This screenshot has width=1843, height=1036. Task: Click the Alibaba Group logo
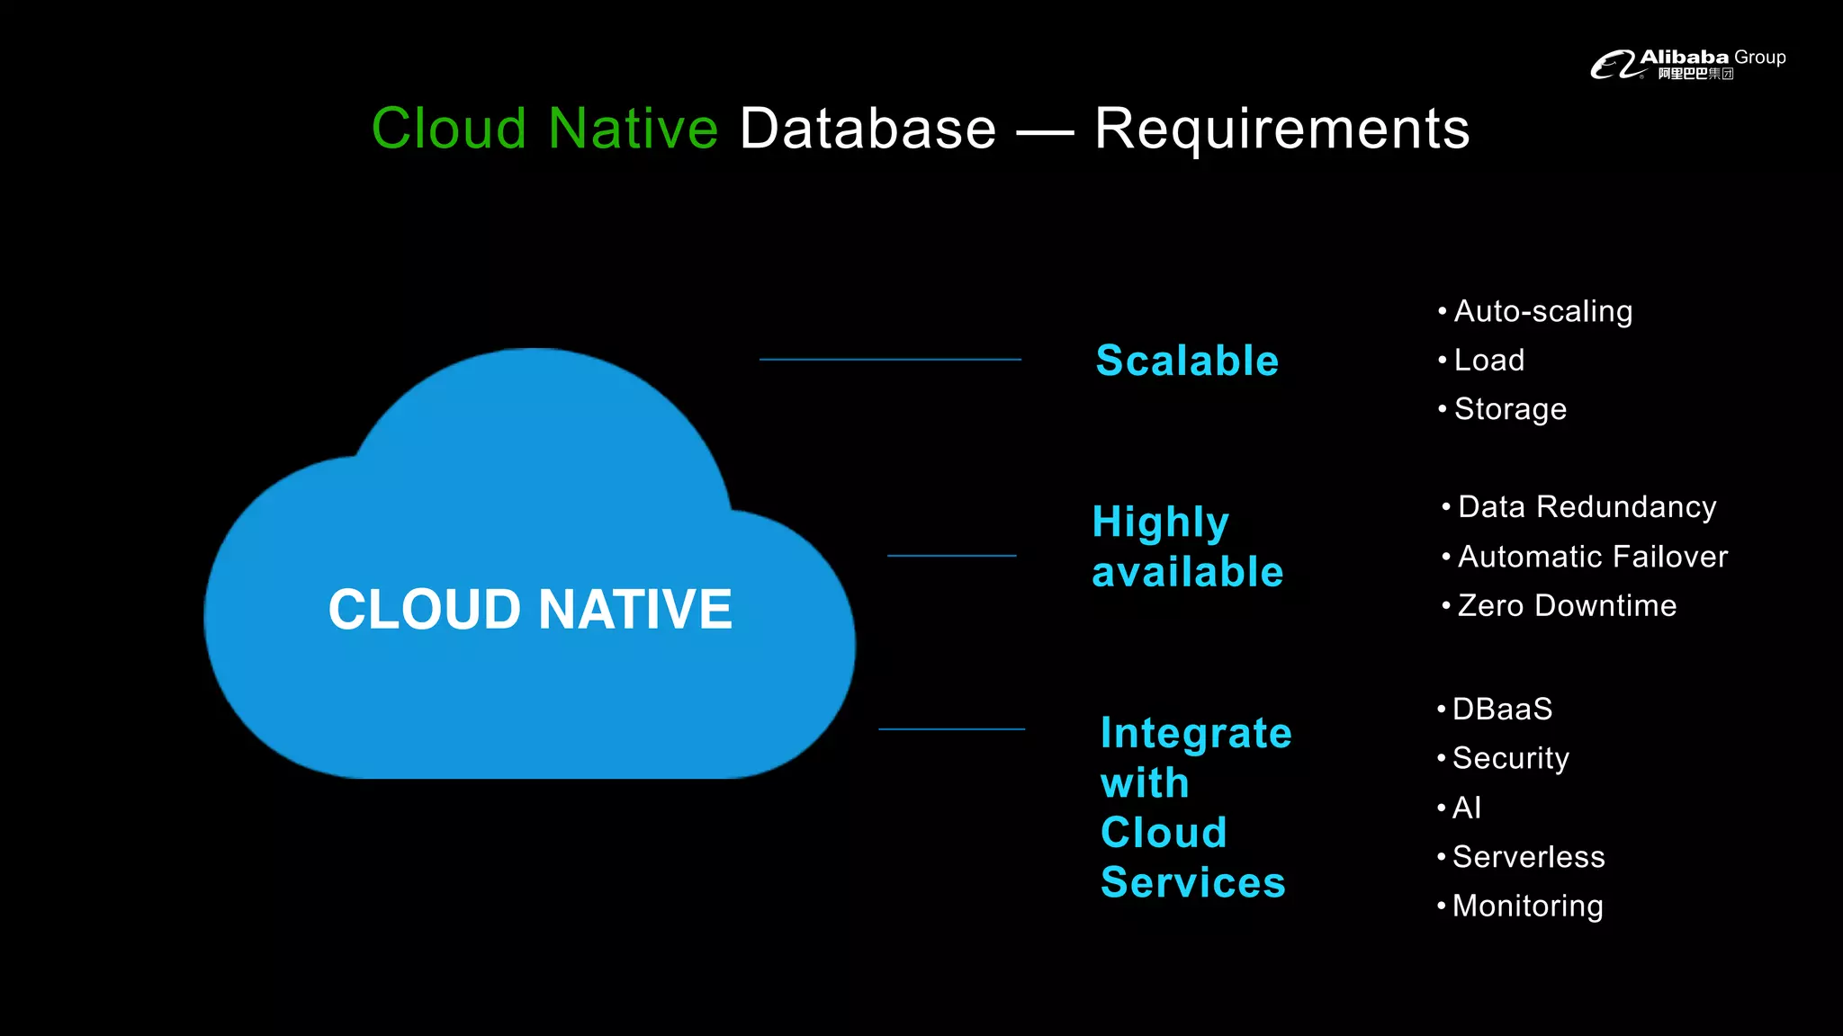click(1687, 64)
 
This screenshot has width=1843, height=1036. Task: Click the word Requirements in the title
click(1281, 129)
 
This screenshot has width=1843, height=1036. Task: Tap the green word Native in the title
click(633, 129)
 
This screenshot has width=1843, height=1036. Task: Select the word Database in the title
click(868, 129)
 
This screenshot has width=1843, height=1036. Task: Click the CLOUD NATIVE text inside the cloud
click(530, 609)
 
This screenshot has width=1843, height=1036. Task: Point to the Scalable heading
click(1187, 361)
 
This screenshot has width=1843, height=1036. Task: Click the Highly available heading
click(1187, 547)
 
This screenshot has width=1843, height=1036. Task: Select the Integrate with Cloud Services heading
click(1195, 808)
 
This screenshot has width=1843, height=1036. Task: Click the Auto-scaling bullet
click(1542, 311)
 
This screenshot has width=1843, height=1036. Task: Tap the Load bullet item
click(1488, 361)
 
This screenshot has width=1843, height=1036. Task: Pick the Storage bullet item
click(1510, 409)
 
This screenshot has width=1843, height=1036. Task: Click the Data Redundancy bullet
click(1587, 507)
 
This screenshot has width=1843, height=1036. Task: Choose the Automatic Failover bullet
click(1592, 557)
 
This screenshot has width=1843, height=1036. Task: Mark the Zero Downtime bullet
click(1567, 606)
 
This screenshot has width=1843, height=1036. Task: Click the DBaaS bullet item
click(1502, 710)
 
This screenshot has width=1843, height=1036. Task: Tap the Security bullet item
click(1510, 758)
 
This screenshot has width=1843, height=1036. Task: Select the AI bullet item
click(1466, 808)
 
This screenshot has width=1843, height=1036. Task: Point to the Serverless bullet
click(1528, 857)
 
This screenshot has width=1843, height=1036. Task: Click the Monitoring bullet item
click(1527, 906)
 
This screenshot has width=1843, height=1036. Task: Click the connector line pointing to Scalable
click(890, 360)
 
